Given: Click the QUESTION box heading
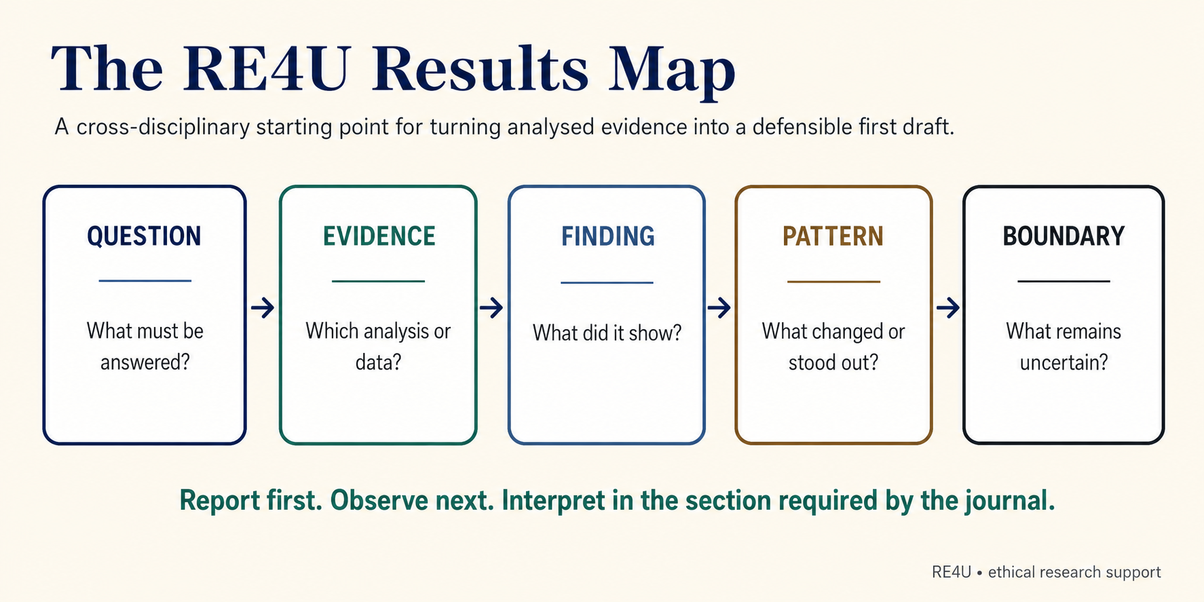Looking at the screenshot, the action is (144, 236).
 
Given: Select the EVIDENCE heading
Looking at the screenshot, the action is (379, 236).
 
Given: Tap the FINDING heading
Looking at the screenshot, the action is (607, 236).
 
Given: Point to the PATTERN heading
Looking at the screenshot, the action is (833, 236).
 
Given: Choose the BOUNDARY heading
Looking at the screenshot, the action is (1064, 236).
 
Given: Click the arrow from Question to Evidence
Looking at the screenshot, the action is (263, 307).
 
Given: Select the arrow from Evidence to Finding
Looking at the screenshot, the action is (491, 307).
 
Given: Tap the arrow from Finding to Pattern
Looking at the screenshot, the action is (719, 307).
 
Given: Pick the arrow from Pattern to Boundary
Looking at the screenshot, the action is (948, 307).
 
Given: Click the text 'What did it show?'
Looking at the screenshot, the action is (607, 333).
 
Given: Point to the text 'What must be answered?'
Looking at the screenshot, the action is (145, 346).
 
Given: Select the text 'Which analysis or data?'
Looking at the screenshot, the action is (378, 346).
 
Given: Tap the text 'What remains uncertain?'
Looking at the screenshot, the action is (1064, 346).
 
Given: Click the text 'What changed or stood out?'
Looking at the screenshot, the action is (833, 346).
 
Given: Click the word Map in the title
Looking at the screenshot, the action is (671, 71).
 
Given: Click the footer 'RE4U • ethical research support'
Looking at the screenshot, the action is (1046, 572).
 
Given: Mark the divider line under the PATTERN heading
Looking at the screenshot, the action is (833, 281).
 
